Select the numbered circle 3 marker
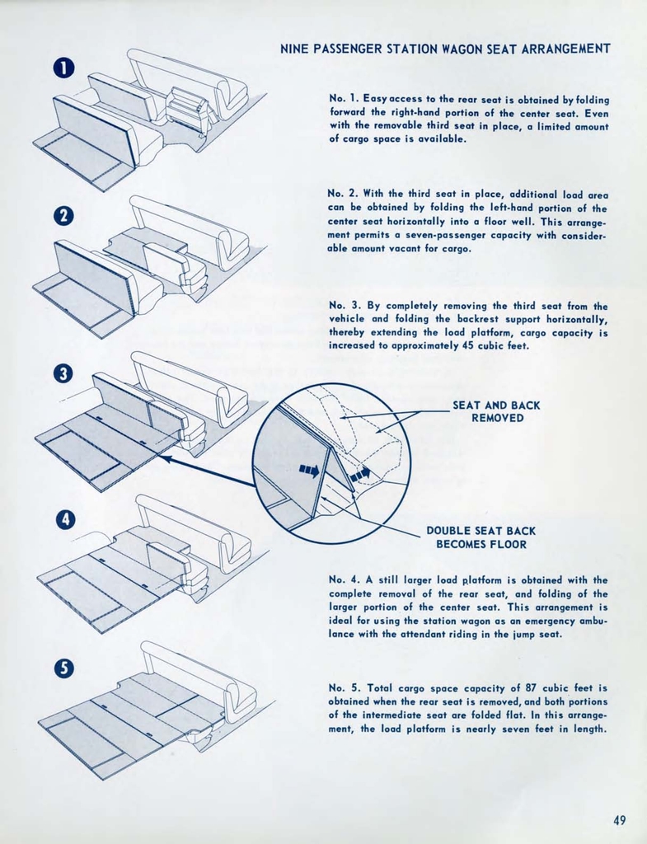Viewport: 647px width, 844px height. click(x=64, y=373)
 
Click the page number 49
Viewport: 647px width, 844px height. click(x=620, y=819)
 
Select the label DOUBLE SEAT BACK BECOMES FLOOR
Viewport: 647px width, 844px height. click(x=481, y=537)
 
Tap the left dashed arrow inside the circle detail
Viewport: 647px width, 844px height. click(x=309, y=471)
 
